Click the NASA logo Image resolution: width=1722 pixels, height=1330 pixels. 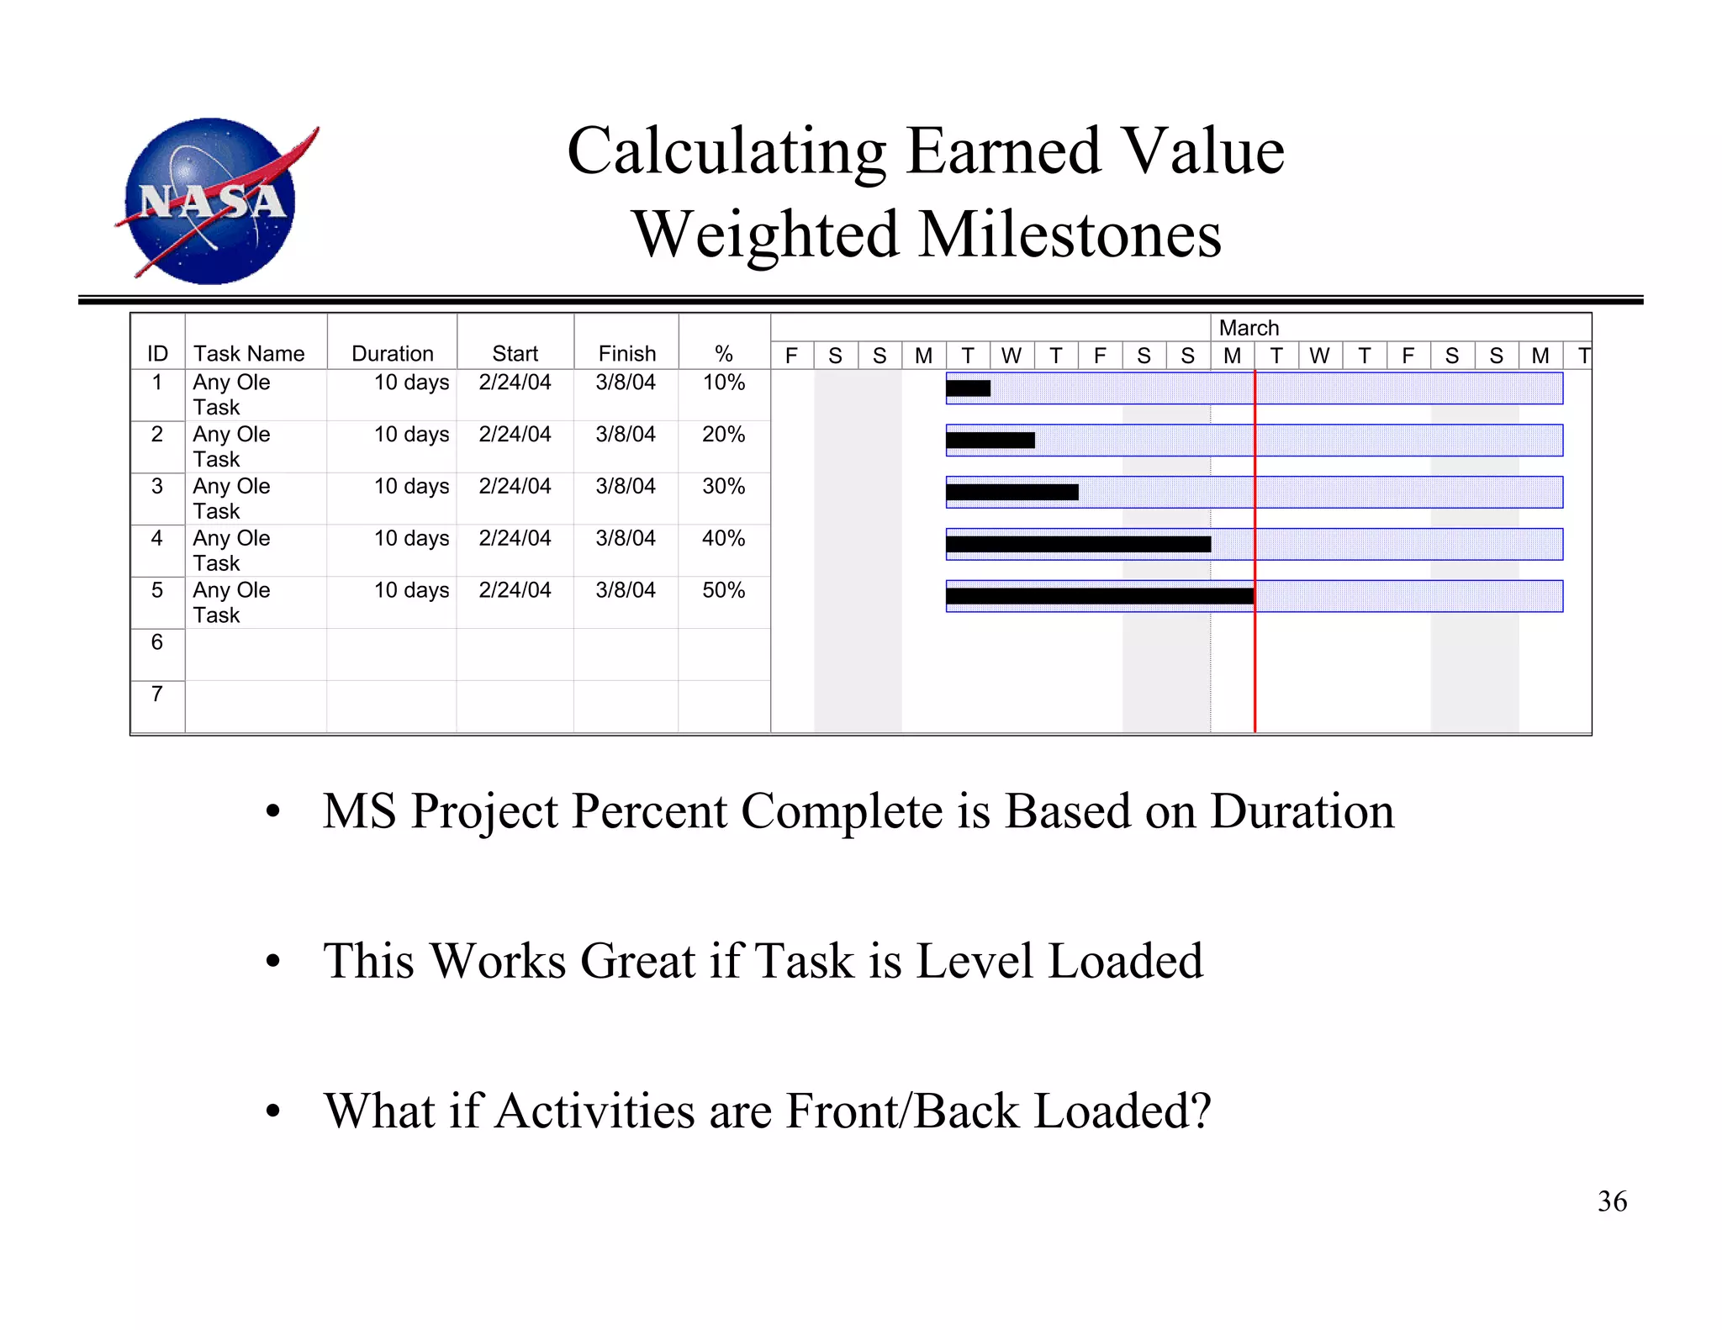click(x=214, y=200)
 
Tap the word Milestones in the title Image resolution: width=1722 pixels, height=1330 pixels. click(x=1070, y=235)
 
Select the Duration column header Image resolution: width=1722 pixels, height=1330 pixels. click(x=392, y=354)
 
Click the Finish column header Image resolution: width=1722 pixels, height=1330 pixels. click(x=626, y=354)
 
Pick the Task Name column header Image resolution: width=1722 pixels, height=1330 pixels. click(x=249, y=354)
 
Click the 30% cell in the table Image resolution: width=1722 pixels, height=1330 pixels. click(x=723, y=487)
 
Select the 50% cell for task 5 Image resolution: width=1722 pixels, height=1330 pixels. click(x=723, y=591)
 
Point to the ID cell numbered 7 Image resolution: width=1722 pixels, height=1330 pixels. click(x=157, y=694)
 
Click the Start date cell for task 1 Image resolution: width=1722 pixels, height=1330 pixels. click(x=515, y=383)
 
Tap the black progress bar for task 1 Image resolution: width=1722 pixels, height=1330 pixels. click(x=968, y=388)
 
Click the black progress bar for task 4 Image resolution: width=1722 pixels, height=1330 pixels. click(x=1078, y=545)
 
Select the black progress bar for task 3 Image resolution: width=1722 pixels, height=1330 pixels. click(x=1012, y=493)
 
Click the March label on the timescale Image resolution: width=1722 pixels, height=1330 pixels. click(x=1249, y=328)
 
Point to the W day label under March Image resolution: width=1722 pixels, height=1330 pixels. click(x=1320, y=356)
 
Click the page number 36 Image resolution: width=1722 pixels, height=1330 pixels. click(x=1612, y=1201)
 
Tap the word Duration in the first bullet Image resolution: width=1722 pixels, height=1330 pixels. click(x=1302, y=812)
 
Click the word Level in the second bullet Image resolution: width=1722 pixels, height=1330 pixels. click(x=974, y=962)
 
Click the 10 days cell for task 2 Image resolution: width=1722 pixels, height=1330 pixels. click(x=411, y=435)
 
